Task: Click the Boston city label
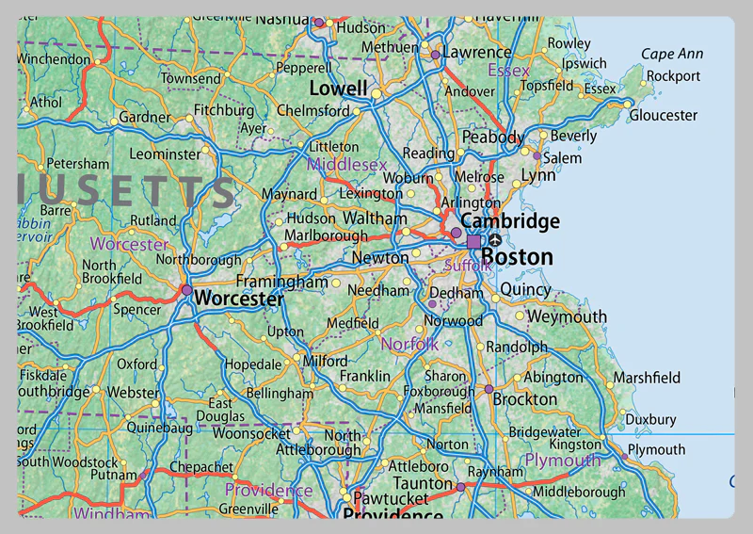pos(517,256)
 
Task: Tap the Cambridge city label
pos(509,221)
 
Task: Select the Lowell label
pos(338,89)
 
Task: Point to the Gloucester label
pos(664,115)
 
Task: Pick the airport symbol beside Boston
pos(495,241)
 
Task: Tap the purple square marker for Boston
pos(473,242)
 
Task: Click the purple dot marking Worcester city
pos(186,290)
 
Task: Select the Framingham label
pos(281,282)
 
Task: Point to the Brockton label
pos(525,399)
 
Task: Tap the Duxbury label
pos(650,419)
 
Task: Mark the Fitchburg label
pos(224,110)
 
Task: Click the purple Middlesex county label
pos(347,165)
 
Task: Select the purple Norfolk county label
pos(409,345)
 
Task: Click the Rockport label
pos(674,76)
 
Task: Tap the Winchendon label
pos(52,58)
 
